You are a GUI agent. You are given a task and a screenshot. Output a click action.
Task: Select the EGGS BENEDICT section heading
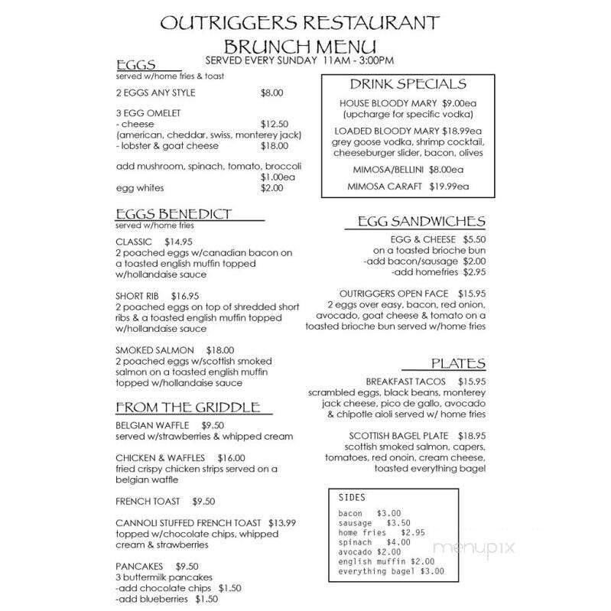[174, 214]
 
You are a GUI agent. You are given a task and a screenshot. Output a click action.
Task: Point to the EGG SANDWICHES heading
[421, 222]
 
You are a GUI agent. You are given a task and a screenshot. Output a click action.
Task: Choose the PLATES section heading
[458, 363]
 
